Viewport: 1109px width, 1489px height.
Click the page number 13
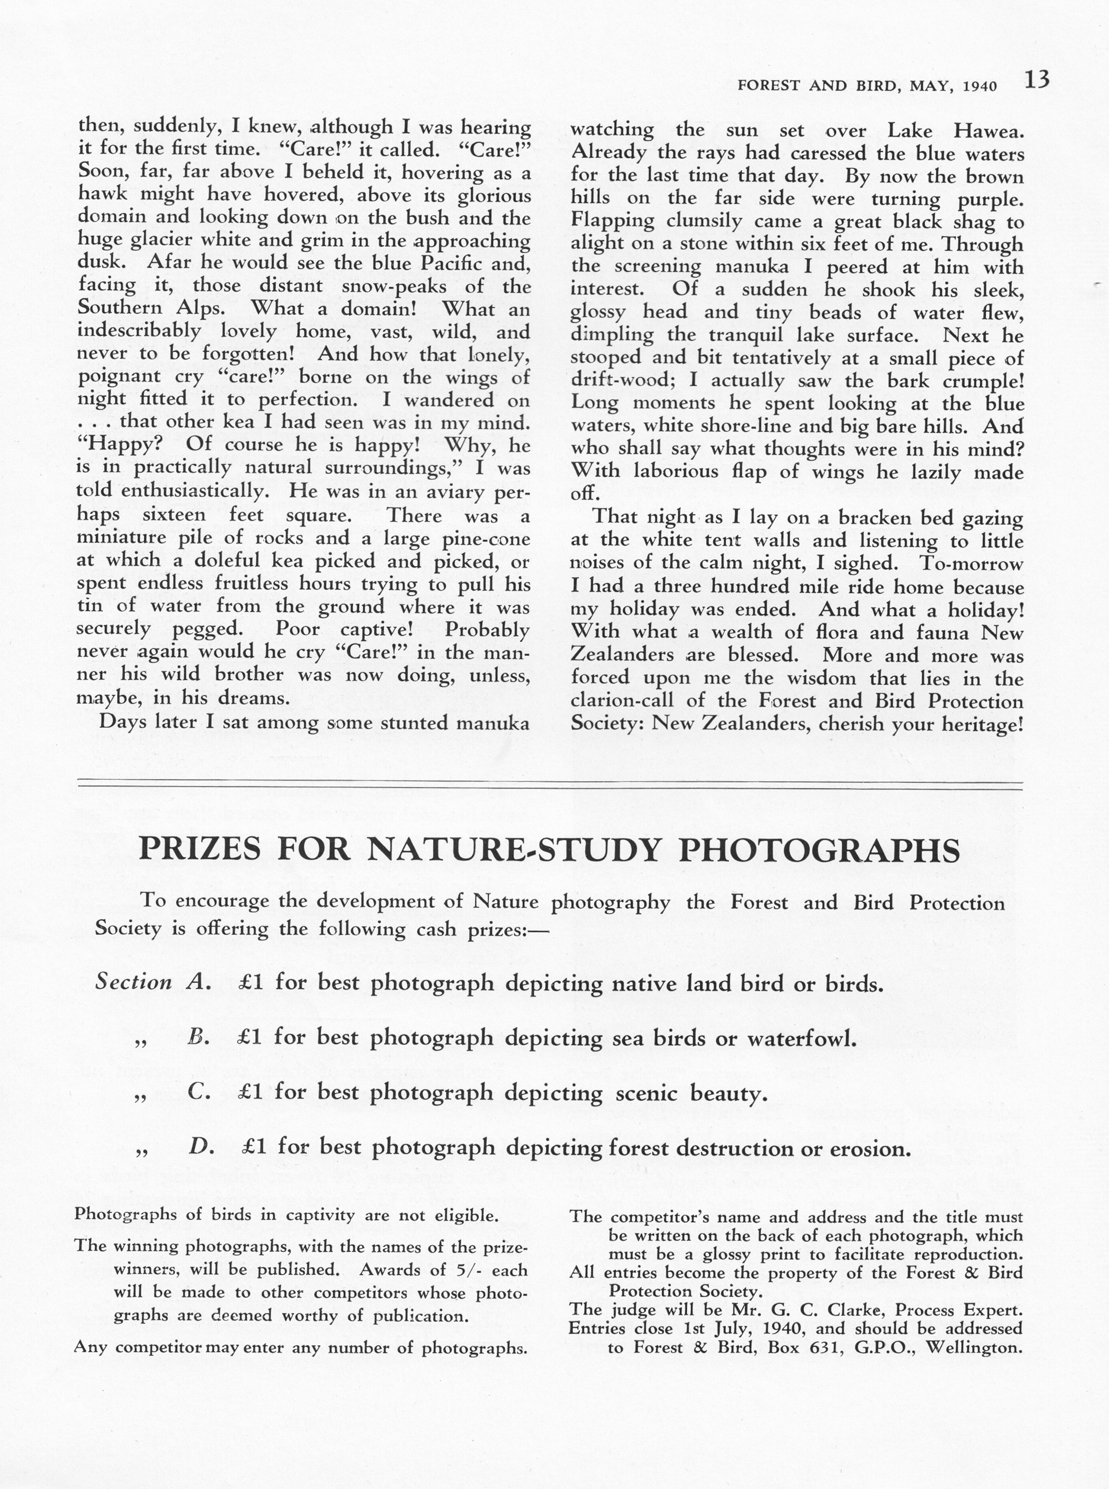coord(1036,81)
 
